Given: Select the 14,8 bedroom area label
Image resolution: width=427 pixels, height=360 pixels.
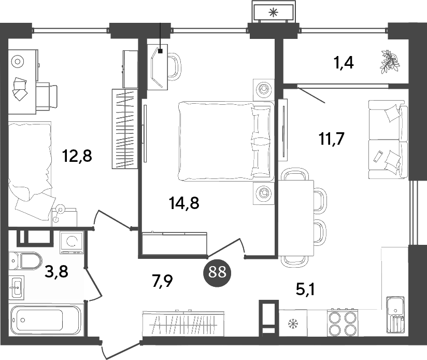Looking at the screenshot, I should click(x=184, y=203).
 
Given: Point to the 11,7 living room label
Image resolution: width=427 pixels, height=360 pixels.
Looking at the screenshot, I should click(x=331, y=139).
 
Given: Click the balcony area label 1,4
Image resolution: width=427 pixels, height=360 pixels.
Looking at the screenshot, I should click(x=344, y=63).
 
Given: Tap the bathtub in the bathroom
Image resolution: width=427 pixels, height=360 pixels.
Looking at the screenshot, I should click(x=46, y=320).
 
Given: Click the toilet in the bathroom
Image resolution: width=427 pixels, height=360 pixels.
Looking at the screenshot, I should click(x=26, y=260).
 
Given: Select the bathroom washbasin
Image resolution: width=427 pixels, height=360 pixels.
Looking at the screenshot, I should click(x=17, y=286).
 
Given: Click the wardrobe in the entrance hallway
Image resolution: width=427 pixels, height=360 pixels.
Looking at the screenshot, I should click(x=183, y=324).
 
